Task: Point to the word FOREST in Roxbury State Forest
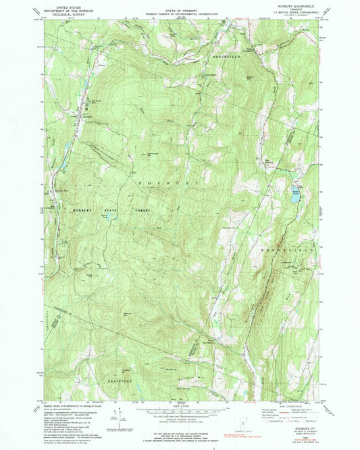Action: (140, 211)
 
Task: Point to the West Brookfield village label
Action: (211, 341)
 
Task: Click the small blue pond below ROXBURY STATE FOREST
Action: (106, 217)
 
